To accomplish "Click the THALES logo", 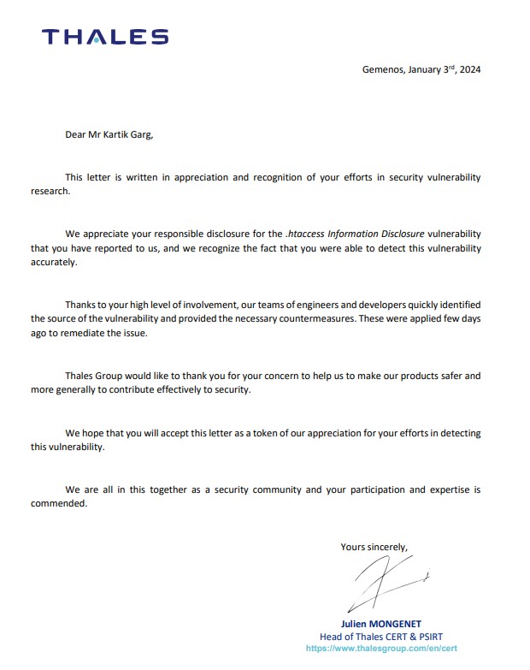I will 105,36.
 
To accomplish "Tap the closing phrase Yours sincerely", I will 374,547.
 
